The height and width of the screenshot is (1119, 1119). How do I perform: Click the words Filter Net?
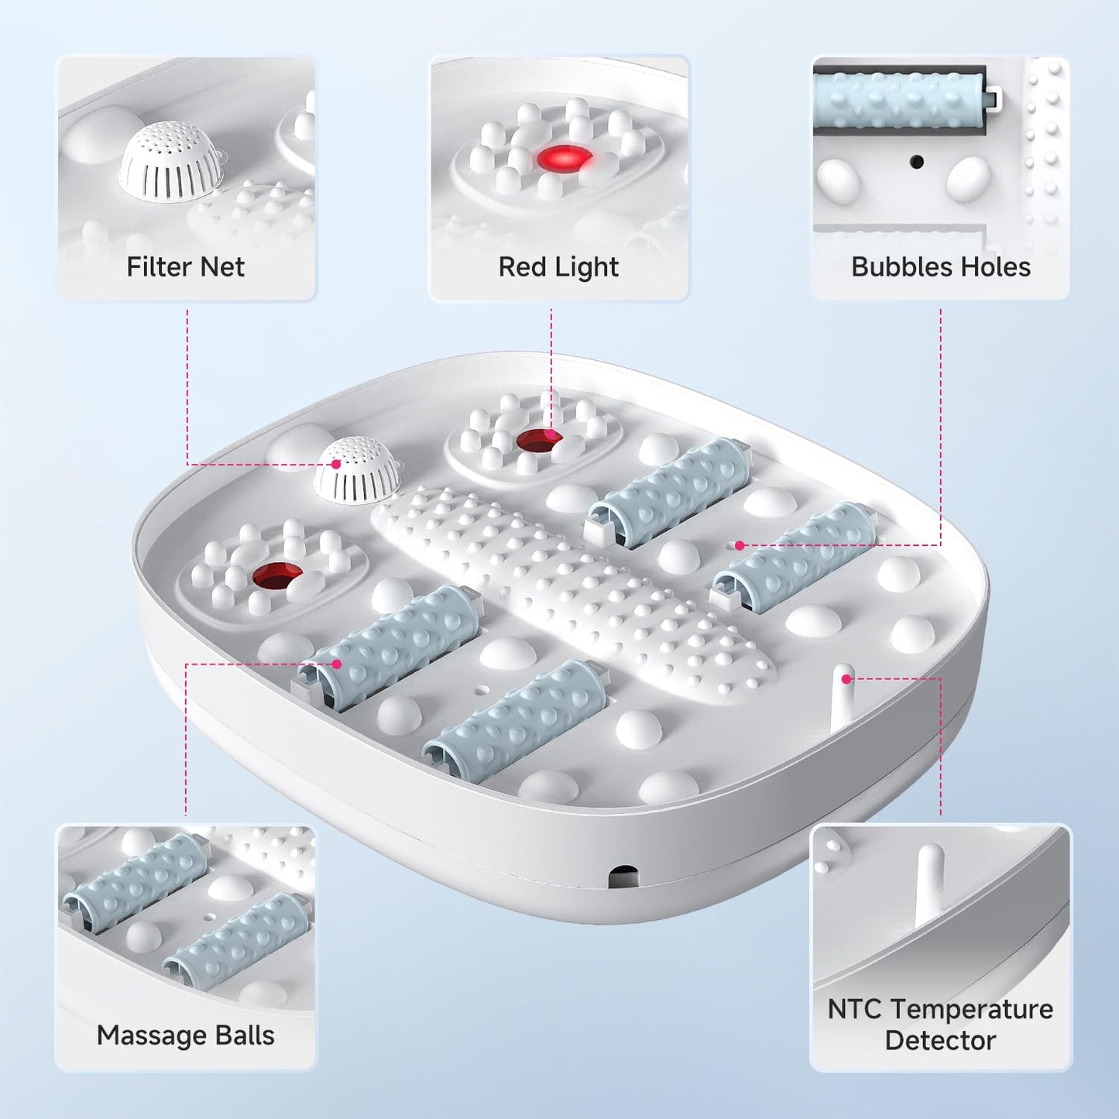tap(185, 267)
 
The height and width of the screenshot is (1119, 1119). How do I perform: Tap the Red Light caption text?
tap(558, 267)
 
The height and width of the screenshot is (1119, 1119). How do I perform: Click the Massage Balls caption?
tap(185, 1035)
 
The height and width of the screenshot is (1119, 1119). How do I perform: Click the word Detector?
tap(940, 1041)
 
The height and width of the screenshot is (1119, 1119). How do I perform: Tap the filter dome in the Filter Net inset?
tap(168, 163)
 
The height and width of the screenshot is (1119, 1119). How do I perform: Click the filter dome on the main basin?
tap(356, 470)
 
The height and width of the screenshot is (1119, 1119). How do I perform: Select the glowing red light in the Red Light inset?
tap(564, 160)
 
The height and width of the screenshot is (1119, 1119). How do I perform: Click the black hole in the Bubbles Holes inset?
tap(917, 162)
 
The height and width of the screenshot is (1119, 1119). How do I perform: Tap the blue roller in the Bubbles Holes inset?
tap(898, 99)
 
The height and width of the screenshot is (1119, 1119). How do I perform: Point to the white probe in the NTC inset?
tap(929, 883)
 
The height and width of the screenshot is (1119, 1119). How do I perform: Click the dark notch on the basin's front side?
tap(623, 877)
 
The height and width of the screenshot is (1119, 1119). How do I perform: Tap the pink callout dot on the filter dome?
tap(336, 465)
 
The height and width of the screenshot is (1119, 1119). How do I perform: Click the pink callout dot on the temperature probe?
tap(847, 679)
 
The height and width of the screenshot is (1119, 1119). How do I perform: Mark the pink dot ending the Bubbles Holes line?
tap(740, 546)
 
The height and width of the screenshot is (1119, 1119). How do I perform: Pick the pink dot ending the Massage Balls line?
tap(337, 664)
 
